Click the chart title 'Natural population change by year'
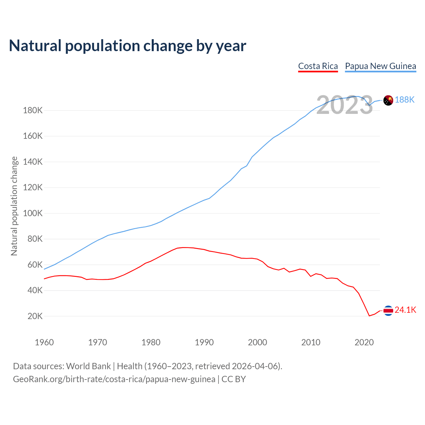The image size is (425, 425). [127, 46]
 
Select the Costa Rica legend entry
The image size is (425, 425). [318, 66]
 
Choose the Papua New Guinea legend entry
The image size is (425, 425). [381, 66]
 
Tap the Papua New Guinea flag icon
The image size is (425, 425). [388, 100]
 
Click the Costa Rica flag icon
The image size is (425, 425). [388, 310]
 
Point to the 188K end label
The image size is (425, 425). [405, 100]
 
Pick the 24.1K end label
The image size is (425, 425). [405, 310]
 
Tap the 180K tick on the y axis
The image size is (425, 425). [33, 110]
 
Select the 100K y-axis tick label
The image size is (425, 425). [33, 213]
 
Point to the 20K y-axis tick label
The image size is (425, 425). [35, 316]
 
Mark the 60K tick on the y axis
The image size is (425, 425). [35, 265]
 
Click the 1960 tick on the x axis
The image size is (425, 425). [44, 342]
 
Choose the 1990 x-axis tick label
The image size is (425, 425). [204, 342]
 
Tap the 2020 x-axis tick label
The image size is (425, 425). [364, 342]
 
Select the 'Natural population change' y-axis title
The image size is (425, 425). [14, 206]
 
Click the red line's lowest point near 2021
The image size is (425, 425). [369, 316]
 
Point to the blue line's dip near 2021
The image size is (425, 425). [369, 105]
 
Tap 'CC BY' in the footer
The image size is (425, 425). [233, 379]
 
